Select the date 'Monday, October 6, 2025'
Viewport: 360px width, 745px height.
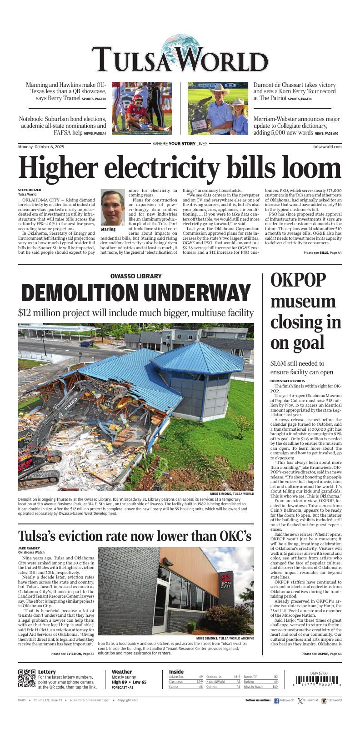[41, 147]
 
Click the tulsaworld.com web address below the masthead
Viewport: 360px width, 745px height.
[327, 147]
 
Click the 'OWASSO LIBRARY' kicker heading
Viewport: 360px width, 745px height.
[136, 276]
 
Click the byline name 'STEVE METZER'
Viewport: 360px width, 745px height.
[30, 190]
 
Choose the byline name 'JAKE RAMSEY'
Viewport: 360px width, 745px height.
[29, 548]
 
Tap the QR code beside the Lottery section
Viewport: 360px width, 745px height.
[27, 678]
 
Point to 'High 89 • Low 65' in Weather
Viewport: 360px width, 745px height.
[129, 682]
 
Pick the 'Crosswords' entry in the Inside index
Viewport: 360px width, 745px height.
[214, 677]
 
